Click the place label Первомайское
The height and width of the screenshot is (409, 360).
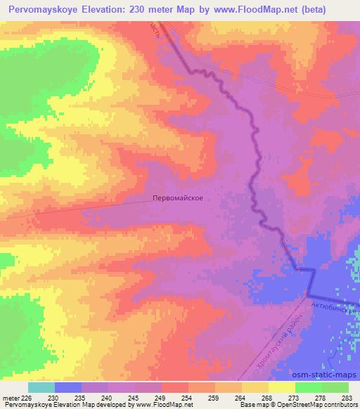click(178, 198)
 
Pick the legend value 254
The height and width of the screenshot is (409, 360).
click(188, 397)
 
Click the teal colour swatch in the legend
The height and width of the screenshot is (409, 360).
click(41, 387)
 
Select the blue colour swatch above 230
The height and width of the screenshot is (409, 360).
click(68, 387)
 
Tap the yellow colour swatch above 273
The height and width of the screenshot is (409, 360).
click(282, 387)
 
